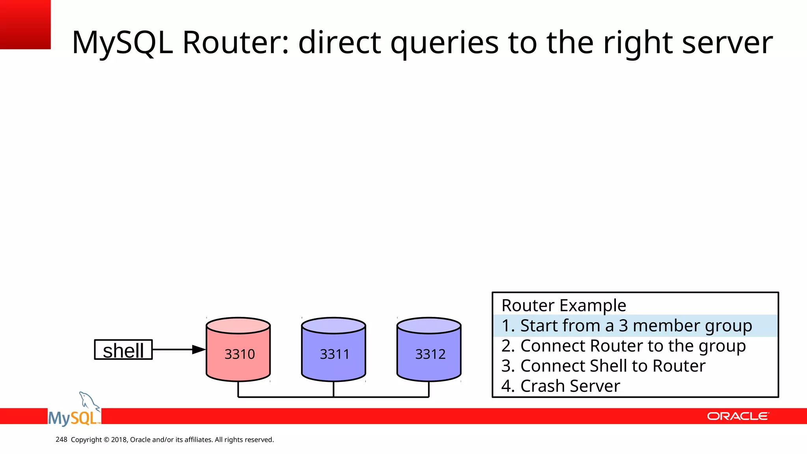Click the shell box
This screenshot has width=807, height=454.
(123, 350)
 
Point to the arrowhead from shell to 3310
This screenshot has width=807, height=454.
(199, 350)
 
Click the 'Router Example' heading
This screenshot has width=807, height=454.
(563, 305)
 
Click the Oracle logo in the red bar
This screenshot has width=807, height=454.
(738, 416)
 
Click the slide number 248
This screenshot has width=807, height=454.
(61, 439)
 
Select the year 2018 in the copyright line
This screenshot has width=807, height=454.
(118, 440)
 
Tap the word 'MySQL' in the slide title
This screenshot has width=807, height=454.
(123, 43)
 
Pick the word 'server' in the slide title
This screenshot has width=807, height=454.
(727, 43)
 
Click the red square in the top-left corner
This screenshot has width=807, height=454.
(25, 24)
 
